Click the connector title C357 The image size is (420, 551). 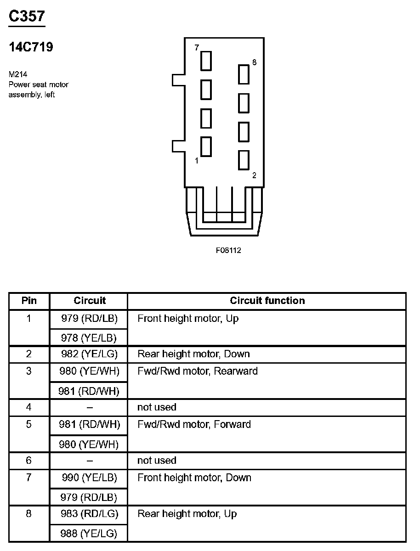tap(27, 16)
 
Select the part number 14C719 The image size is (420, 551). tap(31, 47)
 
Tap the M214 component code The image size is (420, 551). tap(17, 73)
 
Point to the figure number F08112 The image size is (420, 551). tap(228, 251)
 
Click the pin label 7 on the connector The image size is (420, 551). tap(197, 48)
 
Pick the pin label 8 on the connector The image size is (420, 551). tap(254, 62)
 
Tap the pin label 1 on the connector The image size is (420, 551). tap(197, 161)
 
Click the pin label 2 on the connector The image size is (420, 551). tap(254, 175)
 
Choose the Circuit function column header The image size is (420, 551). tap(267, 301)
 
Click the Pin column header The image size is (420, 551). tap(29, 301)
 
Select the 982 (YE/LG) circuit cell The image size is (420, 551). tap(89, 354)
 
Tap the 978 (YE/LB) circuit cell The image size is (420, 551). tap(89, 338)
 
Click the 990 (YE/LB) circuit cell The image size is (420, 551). tap(90, 478)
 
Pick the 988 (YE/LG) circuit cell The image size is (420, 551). tap(89, 533)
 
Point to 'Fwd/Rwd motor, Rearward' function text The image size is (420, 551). tap(198, 371)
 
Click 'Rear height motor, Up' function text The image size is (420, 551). tap(187, 514)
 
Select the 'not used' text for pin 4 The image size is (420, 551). tap(157, 407)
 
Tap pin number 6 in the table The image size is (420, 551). tap(29, 461)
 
